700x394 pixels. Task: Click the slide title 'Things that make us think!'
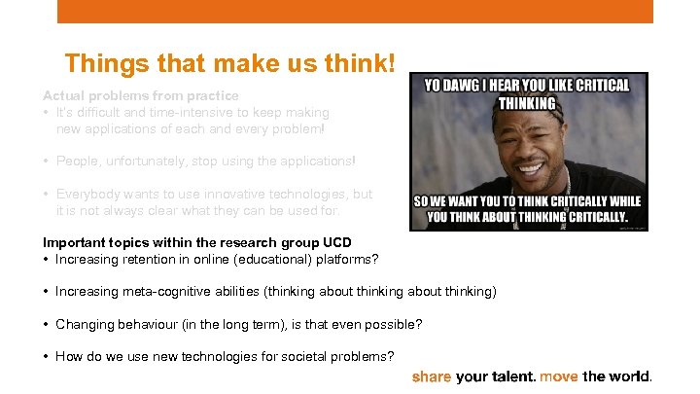(x=229, y=64)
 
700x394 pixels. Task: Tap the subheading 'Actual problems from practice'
(x=140, y=95)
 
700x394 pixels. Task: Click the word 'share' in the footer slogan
(x=432, y=376)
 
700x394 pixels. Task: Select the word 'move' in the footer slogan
(x=559, y=376)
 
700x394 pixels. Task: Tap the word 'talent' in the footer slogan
(x=512, y=376)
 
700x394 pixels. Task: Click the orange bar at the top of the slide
(x=355, y=11)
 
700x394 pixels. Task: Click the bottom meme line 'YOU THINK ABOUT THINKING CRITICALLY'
(x=528, y=217)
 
